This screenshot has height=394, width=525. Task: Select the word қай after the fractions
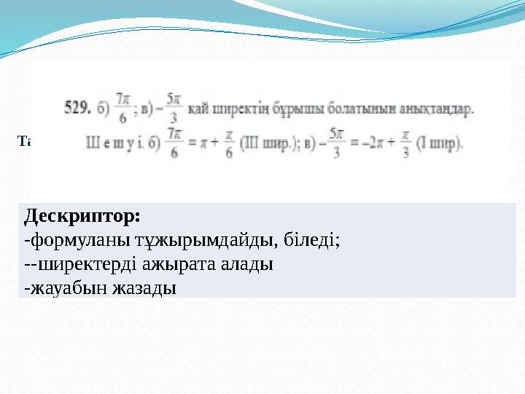[x=201, y=111]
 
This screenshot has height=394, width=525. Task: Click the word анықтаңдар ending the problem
[x=428, y=111]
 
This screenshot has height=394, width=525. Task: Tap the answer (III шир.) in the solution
[x=276, y=141]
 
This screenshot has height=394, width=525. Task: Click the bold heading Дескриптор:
[x=82, y=217]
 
